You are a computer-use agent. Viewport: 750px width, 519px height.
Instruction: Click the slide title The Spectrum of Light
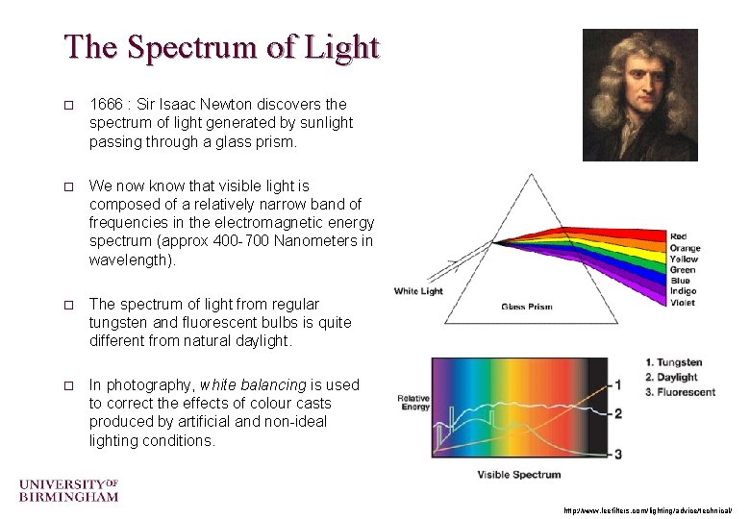pos(222,46)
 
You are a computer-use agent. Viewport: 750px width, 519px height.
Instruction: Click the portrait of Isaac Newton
pos(640,94)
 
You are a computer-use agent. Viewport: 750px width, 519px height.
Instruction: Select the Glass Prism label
pos(527,308)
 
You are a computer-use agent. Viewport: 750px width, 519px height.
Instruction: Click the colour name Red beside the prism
pos(679,235)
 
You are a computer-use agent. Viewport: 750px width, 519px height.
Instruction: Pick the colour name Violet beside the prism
pos(682,303)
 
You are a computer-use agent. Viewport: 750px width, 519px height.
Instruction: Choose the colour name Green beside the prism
pos(683,270)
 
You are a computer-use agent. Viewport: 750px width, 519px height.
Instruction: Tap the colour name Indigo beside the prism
pos(683,291)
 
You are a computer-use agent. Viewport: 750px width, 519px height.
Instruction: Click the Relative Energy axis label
pos(415,402)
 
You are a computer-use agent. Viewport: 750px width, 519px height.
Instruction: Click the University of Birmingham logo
pos(68,490)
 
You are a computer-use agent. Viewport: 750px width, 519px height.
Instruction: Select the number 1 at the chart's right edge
pos(619,385)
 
